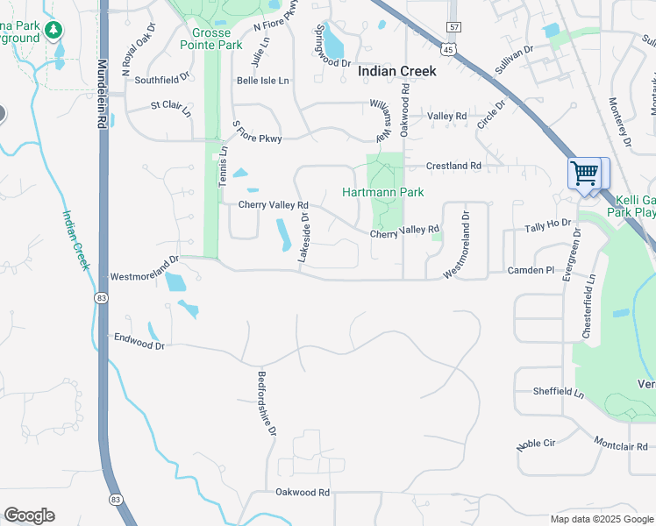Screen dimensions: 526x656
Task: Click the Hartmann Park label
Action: point(382,192)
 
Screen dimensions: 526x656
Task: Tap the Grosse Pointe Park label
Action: point(210,39)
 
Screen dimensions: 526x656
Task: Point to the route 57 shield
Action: point(453,29)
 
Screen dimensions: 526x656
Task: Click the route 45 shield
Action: point(448,50)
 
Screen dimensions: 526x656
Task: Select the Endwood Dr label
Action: point(139,341)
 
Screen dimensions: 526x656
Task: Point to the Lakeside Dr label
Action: point(303,238)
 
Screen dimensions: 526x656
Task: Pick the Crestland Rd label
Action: point(453,166)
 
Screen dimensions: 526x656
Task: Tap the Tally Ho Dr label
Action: point(547,225)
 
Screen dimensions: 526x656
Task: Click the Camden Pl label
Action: point(531,271)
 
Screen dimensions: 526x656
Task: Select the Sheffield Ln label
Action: point(558,392)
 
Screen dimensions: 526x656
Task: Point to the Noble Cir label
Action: point(536,444)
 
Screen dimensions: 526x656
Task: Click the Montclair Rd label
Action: point(620,445)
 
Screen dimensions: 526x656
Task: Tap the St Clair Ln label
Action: point(171,108)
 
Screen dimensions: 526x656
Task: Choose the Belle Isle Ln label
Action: point(262,81)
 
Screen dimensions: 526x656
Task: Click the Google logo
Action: point(29,515)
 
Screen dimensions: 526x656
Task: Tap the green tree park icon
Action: point(54,31)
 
